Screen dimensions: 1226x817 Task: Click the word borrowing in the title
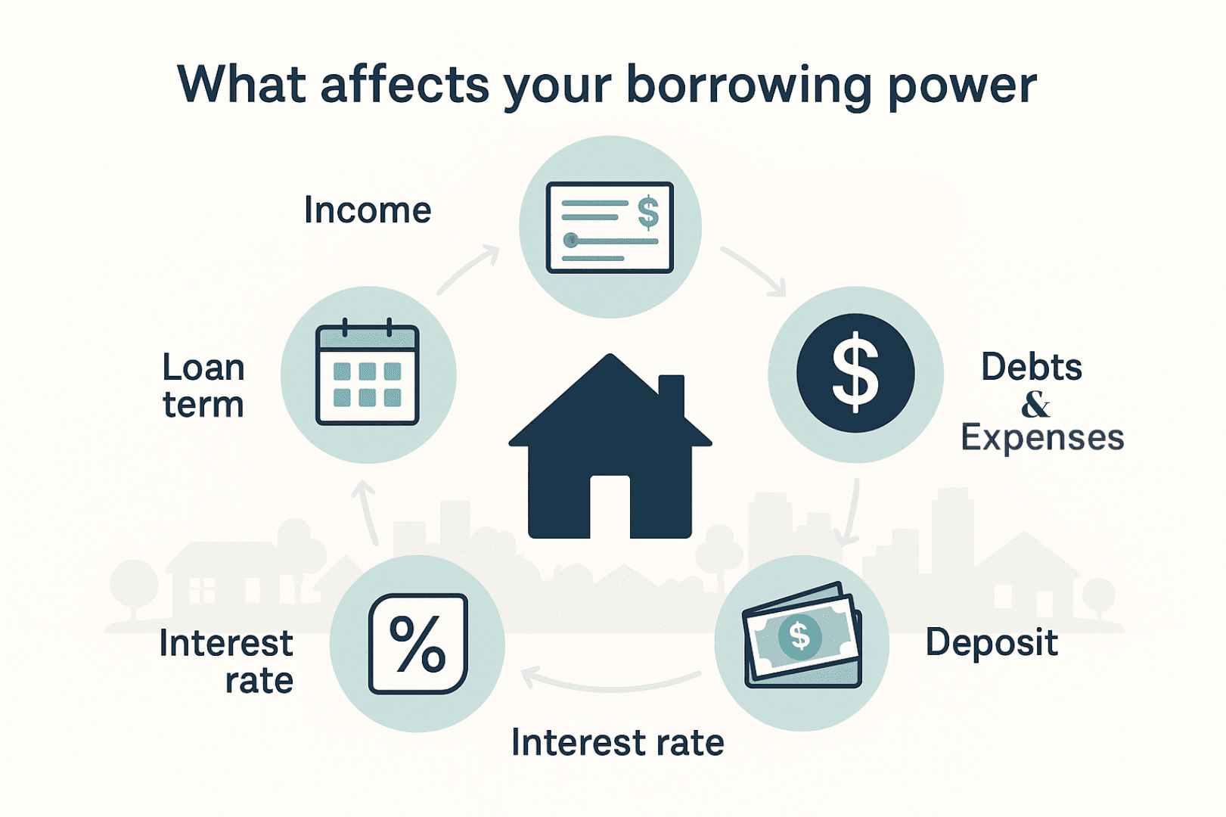749,86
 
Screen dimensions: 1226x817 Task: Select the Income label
368,210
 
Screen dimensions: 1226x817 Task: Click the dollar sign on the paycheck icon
649,211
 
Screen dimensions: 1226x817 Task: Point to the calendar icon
368,372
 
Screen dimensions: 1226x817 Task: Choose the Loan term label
203,386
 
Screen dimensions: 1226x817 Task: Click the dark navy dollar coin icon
855,373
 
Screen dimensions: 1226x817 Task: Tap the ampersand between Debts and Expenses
1035,405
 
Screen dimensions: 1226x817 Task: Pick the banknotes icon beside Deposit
802,635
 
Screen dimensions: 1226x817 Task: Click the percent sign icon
417,644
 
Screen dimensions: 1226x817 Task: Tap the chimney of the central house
671,394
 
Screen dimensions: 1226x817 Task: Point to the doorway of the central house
610,507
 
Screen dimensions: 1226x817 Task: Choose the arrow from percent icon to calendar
365,512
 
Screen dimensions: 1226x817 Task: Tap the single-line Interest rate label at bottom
618,743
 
